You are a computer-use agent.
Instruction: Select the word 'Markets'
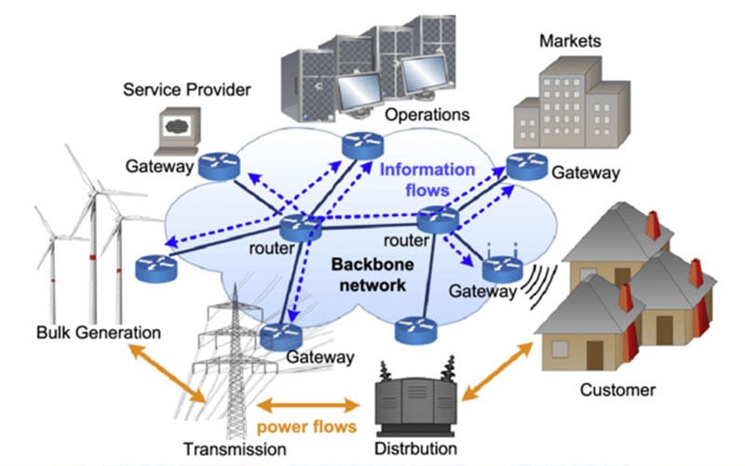(x=570, y=41)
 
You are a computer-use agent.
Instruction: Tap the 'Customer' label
(x=616, y=390)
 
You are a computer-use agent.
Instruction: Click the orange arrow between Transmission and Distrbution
(x=308, y=405)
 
